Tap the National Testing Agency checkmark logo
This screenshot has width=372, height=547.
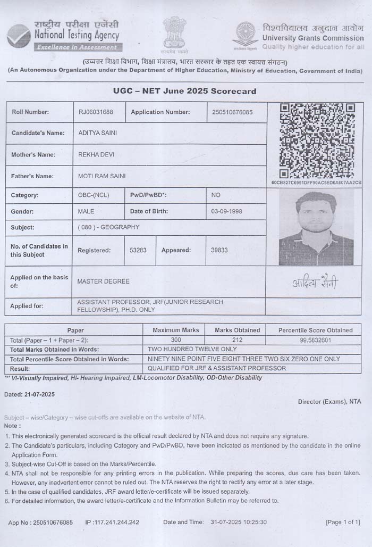pyautogui.click(x=19, y=35)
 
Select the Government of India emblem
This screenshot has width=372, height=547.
pyautogui.click(x=175, y=35)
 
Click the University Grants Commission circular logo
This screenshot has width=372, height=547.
pyautogui.click(x=245, y=34)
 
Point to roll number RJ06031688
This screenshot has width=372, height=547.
pyautogui.click(x=96, y=112)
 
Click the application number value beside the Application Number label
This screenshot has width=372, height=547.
pyautogui.click(x=232, y=112)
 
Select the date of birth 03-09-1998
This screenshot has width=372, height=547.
pyautogui.click(x=226, y=211)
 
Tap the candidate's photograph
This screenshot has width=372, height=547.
pyautogui.click(x=316, y=228)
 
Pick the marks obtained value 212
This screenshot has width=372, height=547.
pyautogui.click(x=237, y=339)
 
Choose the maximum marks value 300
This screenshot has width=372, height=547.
pyautogui.click(x=176, y=339)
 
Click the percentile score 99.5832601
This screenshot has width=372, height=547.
pyautogui.click(x=315, y=339)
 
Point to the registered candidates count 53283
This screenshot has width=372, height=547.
pyautogui.click(x=138, y=250)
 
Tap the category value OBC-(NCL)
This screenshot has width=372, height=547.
pyautogui.click(x=94, y=195)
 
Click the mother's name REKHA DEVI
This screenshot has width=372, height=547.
pyautogui.click(x=96, y=155)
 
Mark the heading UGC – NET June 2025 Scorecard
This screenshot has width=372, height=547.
pyautogui.click(x=184, y=91)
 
